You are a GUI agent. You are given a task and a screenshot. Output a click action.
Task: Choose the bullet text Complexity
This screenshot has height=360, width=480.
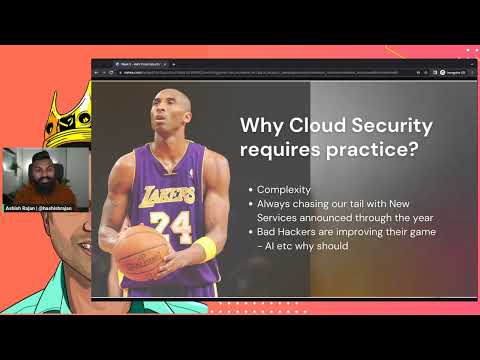coord(284,189)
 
